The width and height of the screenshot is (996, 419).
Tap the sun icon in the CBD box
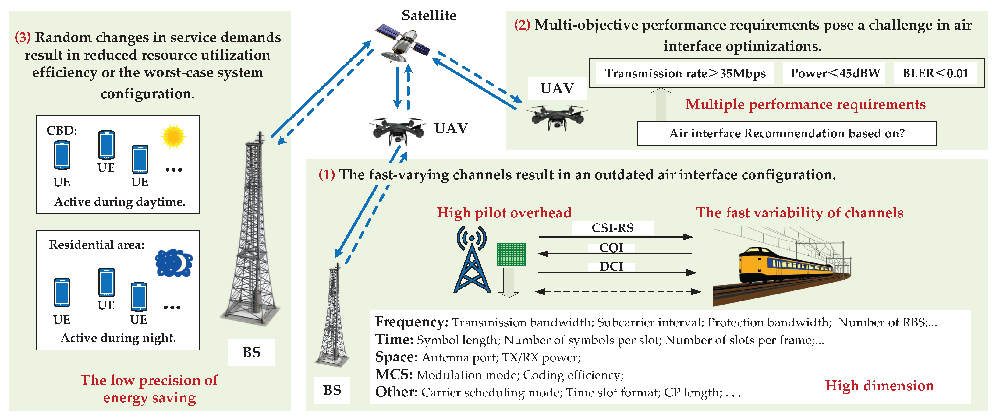174,136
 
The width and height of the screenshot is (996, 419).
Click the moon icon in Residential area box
174,263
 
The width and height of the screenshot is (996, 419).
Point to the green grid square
511,254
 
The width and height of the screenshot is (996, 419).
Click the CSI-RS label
612,228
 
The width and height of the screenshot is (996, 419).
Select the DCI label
611,266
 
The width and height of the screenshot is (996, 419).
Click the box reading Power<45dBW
835,73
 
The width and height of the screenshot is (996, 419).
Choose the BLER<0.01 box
935,73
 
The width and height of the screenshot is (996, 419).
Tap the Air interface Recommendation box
786,133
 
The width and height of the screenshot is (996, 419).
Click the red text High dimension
879,386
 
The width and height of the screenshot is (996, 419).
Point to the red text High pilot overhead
504,213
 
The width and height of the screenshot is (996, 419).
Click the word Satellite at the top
429,16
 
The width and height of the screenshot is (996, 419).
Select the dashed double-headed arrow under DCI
618,291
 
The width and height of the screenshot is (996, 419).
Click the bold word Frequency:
411,322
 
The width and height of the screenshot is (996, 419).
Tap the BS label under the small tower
332,390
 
